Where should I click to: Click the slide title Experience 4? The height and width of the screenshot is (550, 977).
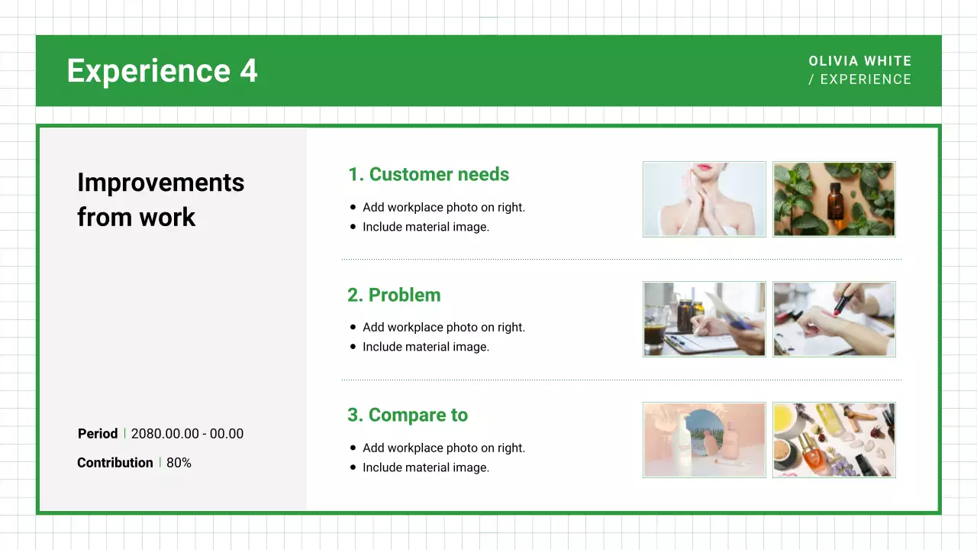162,71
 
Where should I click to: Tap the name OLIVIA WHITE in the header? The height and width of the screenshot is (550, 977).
859,61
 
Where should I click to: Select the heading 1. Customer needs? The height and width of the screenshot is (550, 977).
428,174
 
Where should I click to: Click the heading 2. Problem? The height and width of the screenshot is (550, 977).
394,295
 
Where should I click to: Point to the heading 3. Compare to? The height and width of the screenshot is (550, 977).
408,415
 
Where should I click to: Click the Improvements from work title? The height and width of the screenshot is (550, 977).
160,199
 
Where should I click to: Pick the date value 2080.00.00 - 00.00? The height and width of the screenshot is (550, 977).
187,434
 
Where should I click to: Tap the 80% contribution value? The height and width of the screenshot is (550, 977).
179,463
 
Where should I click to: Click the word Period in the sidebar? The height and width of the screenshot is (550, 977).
98,434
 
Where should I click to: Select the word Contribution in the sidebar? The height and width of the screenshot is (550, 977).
115,463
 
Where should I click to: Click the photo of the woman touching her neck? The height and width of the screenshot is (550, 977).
704,199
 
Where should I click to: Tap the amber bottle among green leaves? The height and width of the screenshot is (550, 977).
834,199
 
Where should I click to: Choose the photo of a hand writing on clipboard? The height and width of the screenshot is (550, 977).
704,319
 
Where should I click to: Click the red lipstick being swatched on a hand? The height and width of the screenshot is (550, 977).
834,319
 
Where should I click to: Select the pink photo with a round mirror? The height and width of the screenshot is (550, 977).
704,440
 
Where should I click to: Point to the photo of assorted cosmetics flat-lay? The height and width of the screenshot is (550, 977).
834,440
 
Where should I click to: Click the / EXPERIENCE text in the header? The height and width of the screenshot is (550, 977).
859,79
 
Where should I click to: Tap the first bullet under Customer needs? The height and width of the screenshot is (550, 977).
443,207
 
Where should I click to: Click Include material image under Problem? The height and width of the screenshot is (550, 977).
425,347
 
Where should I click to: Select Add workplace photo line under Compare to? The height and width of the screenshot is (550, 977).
443,448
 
